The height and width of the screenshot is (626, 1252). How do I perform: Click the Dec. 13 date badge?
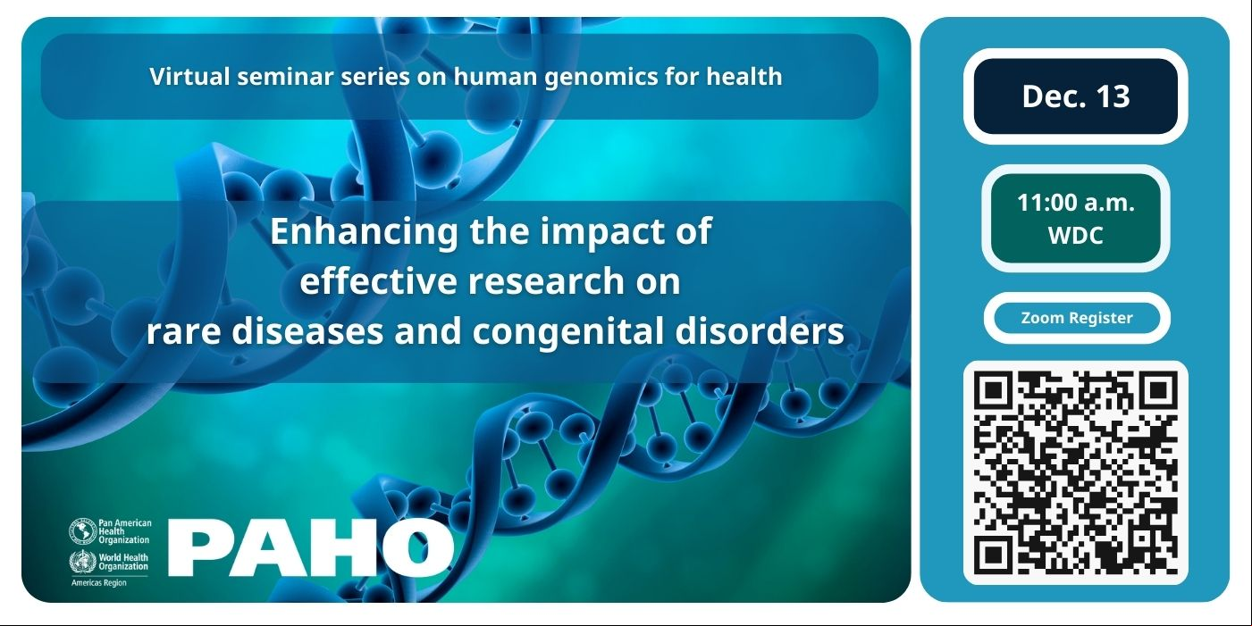pyautogui.click(x=1076, y=96)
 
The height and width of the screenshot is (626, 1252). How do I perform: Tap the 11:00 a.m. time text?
pyautogui.click(x=1076, y=202)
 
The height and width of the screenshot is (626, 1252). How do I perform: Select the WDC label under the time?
pyautogui.click(x=1076, y=235)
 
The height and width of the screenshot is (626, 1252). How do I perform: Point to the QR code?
pyautogui.click(x=1076, y=473)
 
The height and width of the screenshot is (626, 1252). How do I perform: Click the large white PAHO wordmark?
pyautogui.click(x=311, y=547)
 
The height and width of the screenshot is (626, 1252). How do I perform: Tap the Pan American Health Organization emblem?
pyautogui.click(x=83, y=530)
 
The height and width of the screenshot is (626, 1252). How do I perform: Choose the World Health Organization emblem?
pyautogui.click(x=83, y=562)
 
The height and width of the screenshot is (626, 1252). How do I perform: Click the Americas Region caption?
pyautogui.click(x=99, y=583)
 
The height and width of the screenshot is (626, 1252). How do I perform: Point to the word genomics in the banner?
pyautogui.click(x=601, y=78)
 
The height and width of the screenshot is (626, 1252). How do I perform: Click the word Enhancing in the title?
pyautogui.click(x=365, y=232)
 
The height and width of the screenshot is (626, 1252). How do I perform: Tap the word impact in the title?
pyautogui.click(x=603, y=232)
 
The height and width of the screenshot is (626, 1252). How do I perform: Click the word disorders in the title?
pyautogui.click(x=760, y=330)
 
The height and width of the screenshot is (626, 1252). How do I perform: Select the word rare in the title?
pyautogui.click(x=183, y=331)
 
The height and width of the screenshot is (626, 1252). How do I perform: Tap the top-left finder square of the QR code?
pyautogui.click(x=993, y=390)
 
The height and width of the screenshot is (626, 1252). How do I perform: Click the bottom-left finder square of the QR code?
pyautogui.click(x=993, y=556)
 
